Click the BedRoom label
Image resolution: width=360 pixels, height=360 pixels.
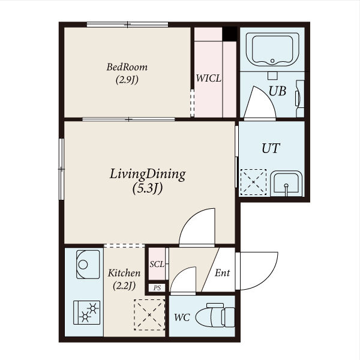click(127, 67)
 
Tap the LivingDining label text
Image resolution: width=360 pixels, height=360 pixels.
click(148, 174)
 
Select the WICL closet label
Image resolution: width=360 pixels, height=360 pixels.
click(208, 79)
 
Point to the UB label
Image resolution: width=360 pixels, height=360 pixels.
click(277, 91)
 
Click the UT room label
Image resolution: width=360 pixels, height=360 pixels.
click(271, 148)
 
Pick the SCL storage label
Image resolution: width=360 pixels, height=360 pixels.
click(157, 264)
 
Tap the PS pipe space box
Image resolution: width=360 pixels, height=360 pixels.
click(157, 287)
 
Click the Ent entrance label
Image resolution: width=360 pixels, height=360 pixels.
click(222, 273)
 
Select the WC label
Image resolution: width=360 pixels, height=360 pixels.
click(182, 317)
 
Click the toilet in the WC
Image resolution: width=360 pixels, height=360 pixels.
click(215, 315)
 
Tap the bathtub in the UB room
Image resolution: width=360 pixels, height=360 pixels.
click(272, 49)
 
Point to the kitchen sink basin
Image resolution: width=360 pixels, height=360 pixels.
click(88, 264)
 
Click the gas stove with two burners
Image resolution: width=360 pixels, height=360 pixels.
click(87, 313)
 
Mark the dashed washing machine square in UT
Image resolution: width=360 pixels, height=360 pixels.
click(253, 182)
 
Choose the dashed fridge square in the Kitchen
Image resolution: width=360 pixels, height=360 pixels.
click(149, 315)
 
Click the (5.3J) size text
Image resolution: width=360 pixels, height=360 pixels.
click(148, 189)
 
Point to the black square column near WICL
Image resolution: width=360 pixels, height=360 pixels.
click(230, 34)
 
